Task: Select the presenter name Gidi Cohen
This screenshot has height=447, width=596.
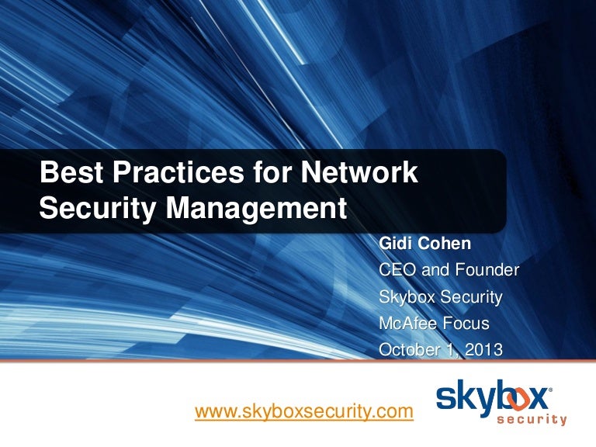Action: point(424,244)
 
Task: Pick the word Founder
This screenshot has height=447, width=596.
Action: point(484,270)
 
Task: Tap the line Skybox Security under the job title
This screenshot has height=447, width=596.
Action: point(440,296)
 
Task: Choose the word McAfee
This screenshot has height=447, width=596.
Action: point(407,323)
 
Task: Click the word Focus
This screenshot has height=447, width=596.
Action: point(471,323)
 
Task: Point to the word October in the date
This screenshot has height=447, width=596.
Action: point(409,350)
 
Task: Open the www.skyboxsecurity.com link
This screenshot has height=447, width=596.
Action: point(303,411)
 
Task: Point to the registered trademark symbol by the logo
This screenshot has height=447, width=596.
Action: point(551,386)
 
